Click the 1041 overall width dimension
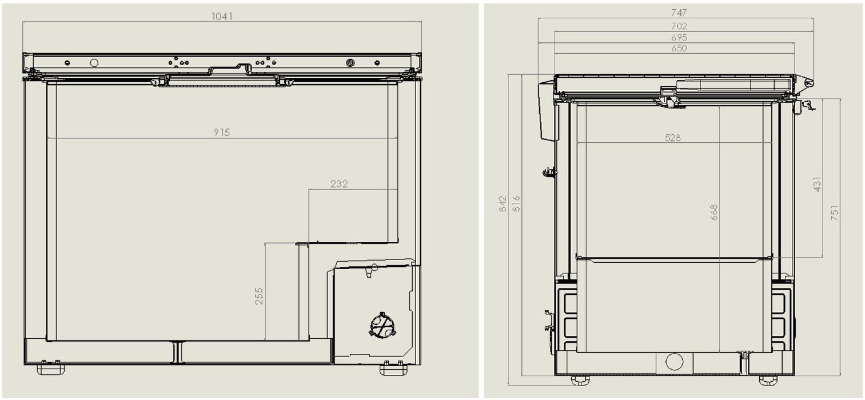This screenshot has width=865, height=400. pos(222,17)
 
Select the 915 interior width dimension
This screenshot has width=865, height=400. pos(222,133)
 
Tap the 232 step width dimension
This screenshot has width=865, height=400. pos(339,184)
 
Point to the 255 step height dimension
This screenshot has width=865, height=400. pos(260,295)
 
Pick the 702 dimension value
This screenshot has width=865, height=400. pos(679,26)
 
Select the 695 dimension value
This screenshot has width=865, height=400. pos(679,38)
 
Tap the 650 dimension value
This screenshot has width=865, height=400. pos(679,49)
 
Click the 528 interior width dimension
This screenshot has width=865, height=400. pos(673,138)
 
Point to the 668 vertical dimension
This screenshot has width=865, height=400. pos(714,213)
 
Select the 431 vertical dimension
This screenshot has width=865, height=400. pos(818,184)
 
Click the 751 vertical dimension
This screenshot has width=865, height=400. pos(835,214)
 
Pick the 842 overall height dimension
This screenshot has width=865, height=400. pos(503,204)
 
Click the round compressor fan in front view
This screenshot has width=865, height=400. pos(382,326)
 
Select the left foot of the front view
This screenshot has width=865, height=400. pos(50,369)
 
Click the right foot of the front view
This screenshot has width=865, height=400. pos(393,369)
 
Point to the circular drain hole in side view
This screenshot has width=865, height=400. pos(674,362)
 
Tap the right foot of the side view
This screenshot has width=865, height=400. pos(768,380)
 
